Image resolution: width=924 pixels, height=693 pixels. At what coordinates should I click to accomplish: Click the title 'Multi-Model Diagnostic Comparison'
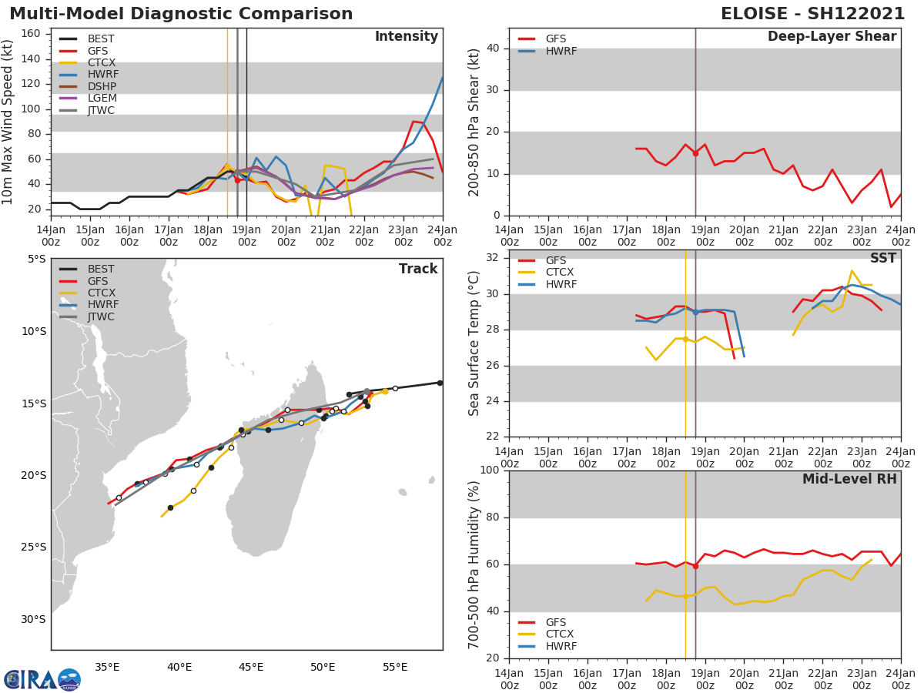pyautogui.click(x=181, y=14)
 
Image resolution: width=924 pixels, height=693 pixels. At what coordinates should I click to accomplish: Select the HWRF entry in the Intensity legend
pyautogui.click(x=102, y=75)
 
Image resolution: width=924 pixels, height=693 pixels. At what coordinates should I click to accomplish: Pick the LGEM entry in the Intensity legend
pyautogui.click(x=102, y=99)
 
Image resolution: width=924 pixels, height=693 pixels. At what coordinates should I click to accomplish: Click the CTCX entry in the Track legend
pyautogui.click(x=101, y=293)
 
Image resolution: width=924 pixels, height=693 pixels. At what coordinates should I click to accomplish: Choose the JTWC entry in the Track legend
pyautogui.click(x=101, y=317)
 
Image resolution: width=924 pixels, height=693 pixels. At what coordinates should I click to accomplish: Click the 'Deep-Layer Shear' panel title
pyautogui.click(x=832, y=37)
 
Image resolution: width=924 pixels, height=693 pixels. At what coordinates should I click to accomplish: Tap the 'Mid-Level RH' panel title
pyautogui.click(x=849, y=479)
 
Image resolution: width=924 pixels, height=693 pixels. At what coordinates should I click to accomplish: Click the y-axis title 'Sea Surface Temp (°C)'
pyautogui.click(x=474, y=343)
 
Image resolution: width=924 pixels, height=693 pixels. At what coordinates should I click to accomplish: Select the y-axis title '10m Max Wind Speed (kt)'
pyautogui.click(x=8, y=122)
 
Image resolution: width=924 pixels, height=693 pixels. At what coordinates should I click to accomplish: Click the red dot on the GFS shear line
pyautogui.click(x=695, y=153)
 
